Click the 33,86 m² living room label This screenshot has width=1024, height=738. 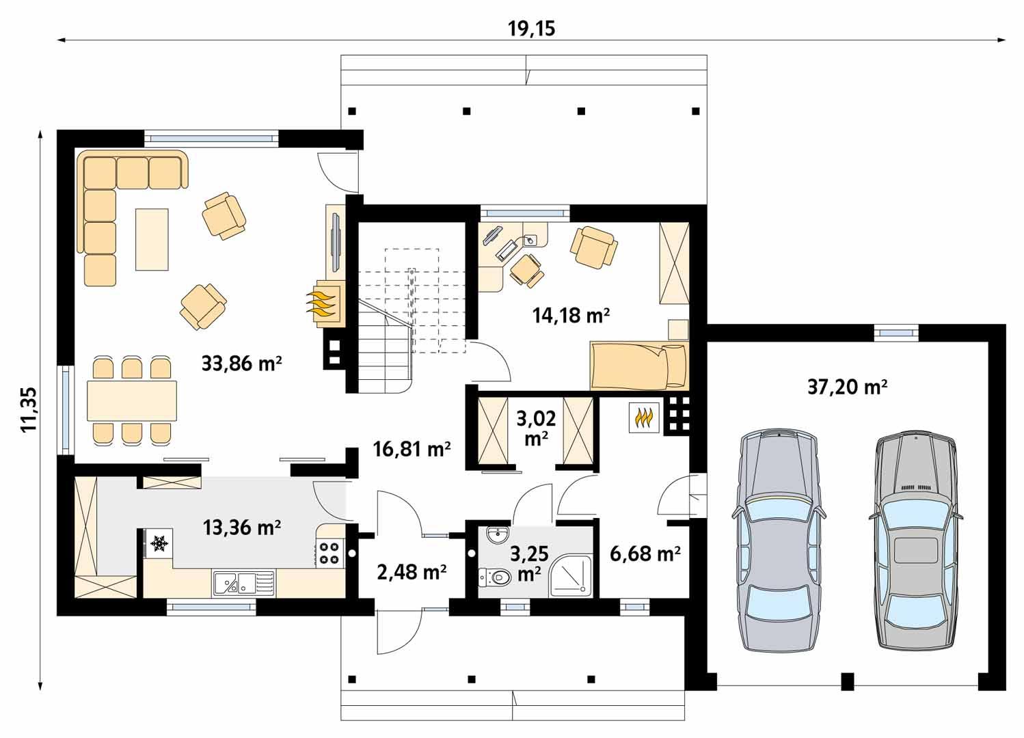point(242,363)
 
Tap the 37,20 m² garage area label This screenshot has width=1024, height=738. point(847,387)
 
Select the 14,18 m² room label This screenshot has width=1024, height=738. point(571,315)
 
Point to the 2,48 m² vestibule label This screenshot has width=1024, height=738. point(412,571)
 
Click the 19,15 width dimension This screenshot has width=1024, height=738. point(531,28)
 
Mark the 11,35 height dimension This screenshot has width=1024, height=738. point(28,409)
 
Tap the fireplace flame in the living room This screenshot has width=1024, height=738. point(323,301)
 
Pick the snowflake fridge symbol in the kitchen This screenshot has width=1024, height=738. point(159,543)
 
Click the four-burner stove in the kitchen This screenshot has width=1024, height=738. point(329,552)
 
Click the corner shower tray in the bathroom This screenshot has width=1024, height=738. point(571,574)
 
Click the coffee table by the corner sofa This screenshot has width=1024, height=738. point(152,239)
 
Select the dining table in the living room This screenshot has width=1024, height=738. point(131,400)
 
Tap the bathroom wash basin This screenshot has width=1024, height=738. point(496,534)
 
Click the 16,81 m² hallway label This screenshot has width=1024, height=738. point(412,449)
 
